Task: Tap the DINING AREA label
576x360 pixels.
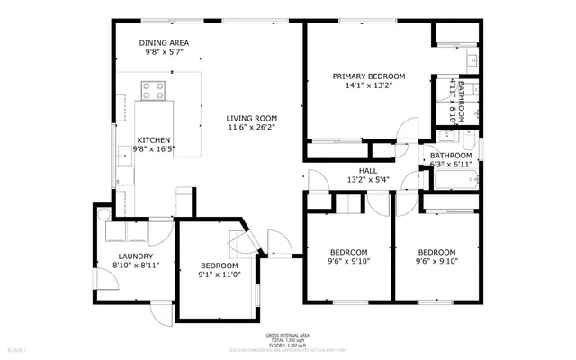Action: tap(164, 43)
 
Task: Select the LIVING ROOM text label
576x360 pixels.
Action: tap(251, 118)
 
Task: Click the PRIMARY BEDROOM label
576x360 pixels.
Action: tap(368, 76)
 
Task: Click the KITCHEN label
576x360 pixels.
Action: tap(154, 139)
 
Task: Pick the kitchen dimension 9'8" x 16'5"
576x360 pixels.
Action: tap(154, 149)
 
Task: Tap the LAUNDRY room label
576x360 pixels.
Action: tap(133, 256)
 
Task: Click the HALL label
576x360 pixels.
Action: tap(368, 170)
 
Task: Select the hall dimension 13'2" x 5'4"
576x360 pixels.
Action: tap(368, 180)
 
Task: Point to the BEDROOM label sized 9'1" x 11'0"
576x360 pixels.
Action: tap(219, 265)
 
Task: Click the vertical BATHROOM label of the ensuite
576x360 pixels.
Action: tap(462, 102)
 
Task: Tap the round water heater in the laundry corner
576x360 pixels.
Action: tap(103, 213)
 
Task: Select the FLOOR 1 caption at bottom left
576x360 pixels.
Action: tap(18, 348)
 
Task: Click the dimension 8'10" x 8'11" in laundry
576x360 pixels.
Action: tap(133, 265)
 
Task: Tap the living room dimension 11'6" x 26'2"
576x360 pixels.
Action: tap(251, 128)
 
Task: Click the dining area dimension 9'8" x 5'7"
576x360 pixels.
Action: tap(164, 53)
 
